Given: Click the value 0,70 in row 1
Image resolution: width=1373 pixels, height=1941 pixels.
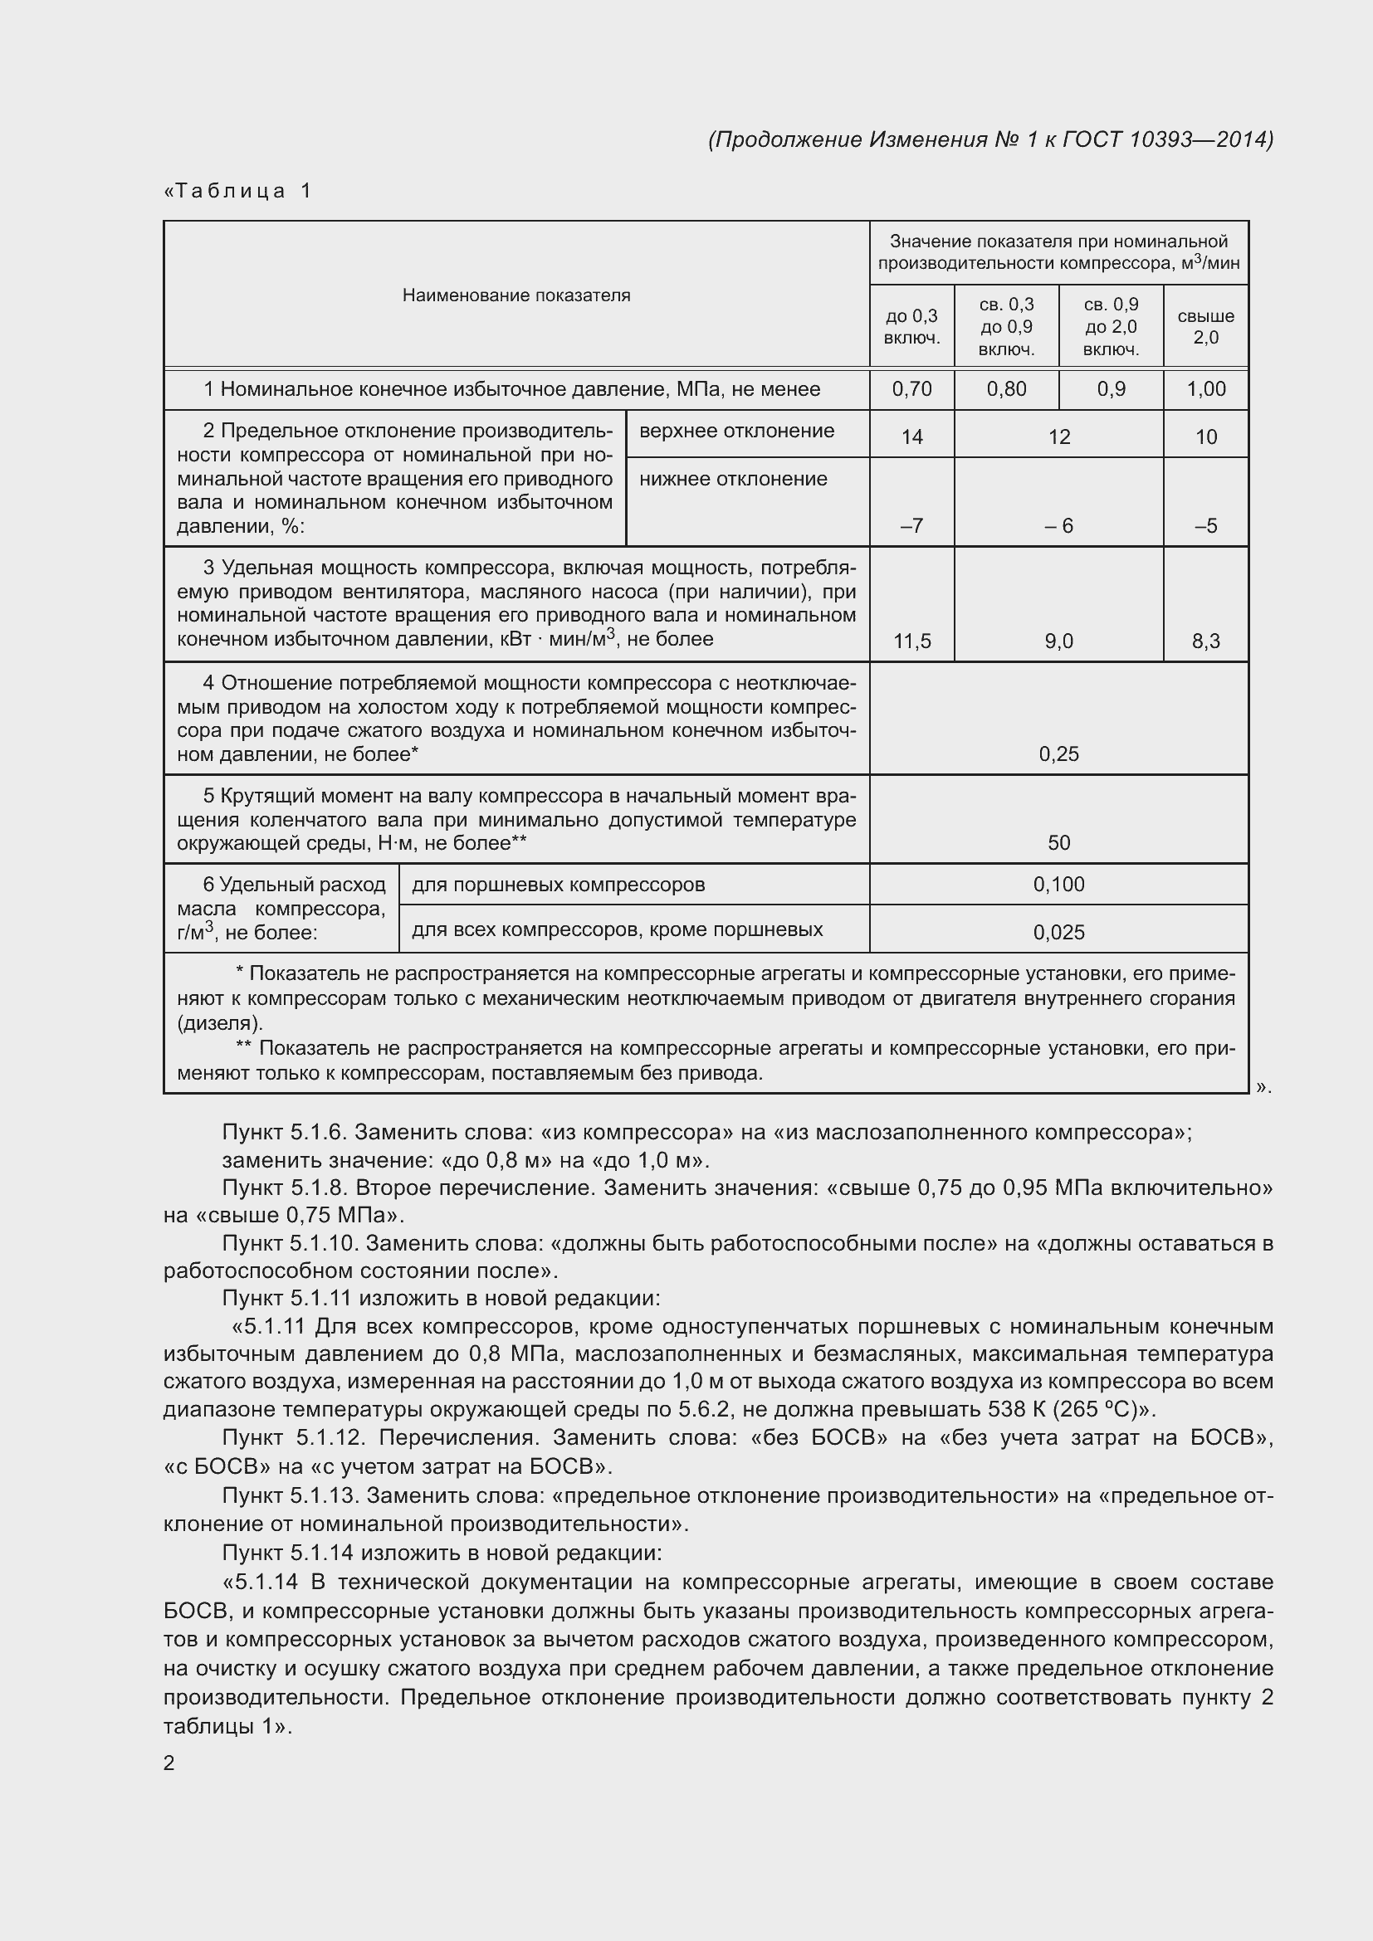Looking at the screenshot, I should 911,389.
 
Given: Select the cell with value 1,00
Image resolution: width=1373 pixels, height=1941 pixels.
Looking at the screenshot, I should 1205,389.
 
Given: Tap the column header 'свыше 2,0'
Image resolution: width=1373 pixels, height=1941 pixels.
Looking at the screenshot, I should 1205,326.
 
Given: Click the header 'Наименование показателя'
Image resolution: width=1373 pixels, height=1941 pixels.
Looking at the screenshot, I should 515,295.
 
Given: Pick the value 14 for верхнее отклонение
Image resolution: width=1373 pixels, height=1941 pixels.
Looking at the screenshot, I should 911,437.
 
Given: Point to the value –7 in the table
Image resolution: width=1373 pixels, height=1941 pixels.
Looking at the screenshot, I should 911,526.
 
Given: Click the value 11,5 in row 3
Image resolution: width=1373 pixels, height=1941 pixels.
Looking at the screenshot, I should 911,641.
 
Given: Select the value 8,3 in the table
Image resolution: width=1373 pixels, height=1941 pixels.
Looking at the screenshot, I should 1205,641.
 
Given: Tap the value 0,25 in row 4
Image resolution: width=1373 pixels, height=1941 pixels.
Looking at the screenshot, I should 1058,754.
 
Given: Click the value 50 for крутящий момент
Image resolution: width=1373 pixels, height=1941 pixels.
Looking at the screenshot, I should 1058,843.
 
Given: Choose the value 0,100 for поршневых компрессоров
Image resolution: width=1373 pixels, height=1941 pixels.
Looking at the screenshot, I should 1058,885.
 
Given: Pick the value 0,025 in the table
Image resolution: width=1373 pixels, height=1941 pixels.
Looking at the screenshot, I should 1058,933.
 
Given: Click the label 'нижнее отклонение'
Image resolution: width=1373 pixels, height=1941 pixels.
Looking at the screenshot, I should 733,480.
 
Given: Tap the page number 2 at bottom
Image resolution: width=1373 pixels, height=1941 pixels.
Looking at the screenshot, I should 169,1763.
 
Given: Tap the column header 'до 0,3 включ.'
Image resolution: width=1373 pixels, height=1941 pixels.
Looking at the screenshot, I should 911,326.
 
